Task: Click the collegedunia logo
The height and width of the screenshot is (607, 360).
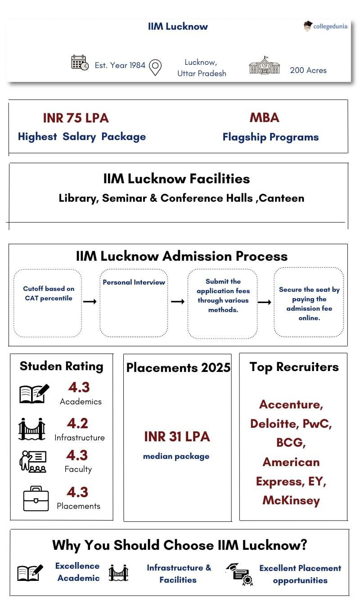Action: [325, 26]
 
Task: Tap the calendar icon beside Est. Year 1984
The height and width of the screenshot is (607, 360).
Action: [80, 63]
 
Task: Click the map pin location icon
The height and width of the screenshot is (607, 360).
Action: [155, 67]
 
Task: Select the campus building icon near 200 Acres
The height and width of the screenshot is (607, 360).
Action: [264, 66]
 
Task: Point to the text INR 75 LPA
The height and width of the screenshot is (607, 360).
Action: [76, 118]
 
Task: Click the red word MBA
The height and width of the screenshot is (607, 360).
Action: [264, 118]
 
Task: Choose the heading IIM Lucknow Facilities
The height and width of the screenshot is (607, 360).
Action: [176, 179]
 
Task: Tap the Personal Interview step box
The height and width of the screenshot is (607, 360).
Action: [134, 302]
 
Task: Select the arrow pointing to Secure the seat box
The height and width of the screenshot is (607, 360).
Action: [264, 302]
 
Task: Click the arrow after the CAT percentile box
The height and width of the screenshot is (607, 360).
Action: [90, 301]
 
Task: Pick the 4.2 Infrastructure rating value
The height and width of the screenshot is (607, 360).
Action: [77, 423]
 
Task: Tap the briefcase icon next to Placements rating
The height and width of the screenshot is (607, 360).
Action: [36, 498]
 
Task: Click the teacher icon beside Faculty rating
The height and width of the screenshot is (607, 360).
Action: [32, 461]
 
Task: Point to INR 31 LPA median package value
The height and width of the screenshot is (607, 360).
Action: [177, 436]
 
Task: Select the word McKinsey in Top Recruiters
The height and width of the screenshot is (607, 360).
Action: [291, 500]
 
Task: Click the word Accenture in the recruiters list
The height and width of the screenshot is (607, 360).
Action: [291, 404]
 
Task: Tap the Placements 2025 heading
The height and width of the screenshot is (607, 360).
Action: [178, 367]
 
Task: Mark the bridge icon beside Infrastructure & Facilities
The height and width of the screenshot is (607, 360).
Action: [118, 573]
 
